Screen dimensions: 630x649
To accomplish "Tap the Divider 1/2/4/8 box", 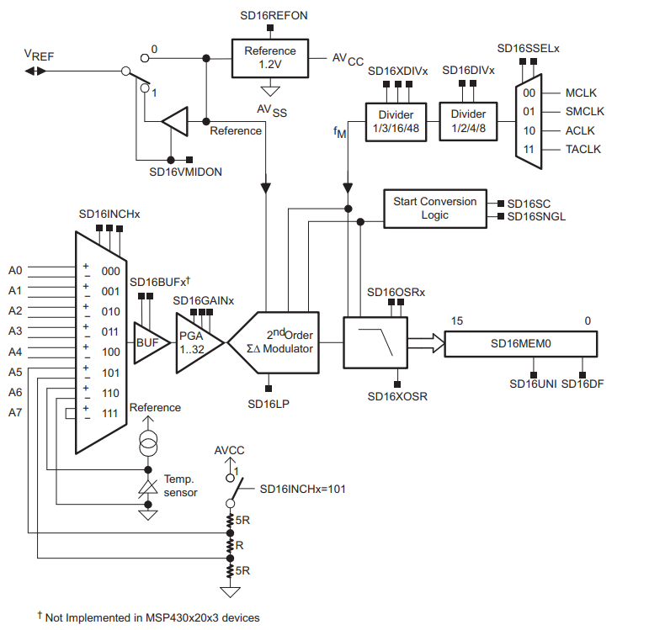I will coord(468,122).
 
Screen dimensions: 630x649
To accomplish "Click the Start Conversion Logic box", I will coord(434,209).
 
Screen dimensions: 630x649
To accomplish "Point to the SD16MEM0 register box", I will coord(520,343).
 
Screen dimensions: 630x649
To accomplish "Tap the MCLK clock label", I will coord(580,93).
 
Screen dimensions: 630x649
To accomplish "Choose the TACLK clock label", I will coord(583,149).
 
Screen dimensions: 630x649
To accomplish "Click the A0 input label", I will coord(15,270).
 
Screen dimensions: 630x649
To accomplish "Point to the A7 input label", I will coord(15,412).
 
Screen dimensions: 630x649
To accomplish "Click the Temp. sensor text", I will coord(180,485).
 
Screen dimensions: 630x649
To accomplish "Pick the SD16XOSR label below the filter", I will coord(397,396).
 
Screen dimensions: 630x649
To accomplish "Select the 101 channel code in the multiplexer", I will coord(110,372).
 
